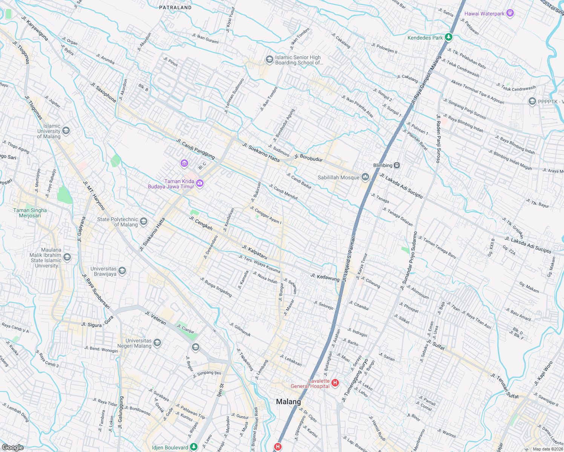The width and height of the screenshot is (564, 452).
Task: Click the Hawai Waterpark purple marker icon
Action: [510, 14]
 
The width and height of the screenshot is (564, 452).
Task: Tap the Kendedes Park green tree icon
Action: [448, 37]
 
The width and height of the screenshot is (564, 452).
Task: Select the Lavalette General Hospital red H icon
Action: [335, 383]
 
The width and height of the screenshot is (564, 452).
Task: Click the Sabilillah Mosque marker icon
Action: [365, 177]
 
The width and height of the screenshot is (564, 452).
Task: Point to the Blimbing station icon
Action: [397, 165]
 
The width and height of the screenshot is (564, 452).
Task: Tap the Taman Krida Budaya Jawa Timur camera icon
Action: [200, 183]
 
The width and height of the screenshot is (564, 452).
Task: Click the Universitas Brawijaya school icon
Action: [122, 271]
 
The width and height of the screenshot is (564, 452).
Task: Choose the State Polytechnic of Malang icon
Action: [144, 221]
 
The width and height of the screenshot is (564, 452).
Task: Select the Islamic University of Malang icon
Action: [66, 131]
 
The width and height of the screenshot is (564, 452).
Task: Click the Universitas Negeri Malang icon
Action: [157, 343]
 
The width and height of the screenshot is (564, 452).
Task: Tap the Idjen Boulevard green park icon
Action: [194, 447]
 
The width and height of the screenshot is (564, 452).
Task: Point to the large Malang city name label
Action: [288, 402]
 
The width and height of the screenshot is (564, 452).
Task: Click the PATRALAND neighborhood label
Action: [175, 8]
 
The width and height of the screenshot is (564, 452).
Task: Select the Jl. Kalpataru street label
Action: [254, 252]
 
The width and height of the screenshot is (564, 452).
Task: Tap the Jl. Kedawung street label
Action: [325, 278]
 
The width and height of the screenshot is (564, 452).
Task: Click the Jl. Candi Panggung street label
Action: [195, 148]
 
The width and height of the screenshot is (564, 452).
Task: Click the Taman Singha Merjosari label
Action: [30, 213]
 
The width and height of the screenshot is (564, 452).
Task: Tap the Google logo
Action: [13, 447]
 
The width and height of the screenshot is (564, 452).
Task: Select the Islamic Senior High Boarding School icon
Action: [269, 60]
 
